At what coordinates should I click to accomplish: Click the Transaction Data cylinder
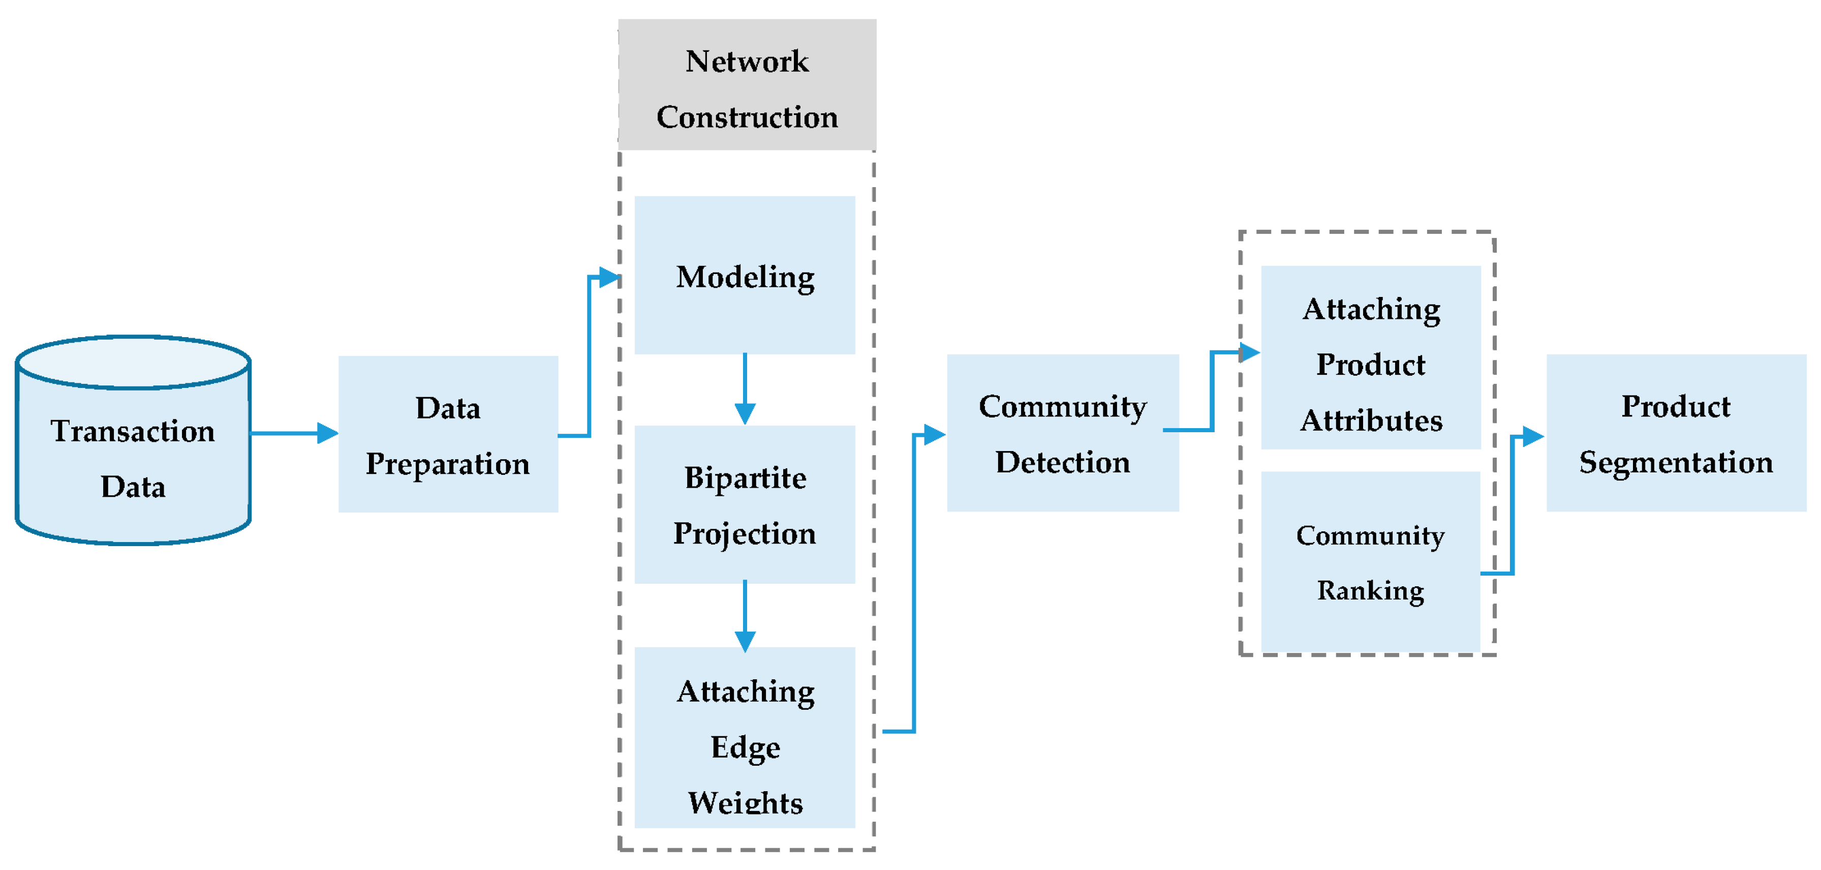[133, 453]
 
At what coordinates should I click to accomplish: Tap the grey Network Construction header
[747, 85]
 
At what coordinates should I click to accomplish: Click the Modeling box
[745, 276]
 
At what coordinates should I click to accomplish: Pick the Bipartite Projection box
[745, 504]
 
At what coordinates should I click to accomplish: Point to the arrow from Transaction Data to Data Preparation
[293, 433]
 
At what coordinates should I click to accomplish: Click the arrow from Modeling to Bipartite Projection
[745, 389]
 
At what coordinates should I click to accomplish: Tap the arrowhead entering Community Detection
[935, 434]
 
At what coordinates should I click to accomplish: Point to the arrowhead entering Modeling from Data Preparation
[609, 277]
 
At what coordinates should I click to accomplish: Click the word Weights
[745, 803]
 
